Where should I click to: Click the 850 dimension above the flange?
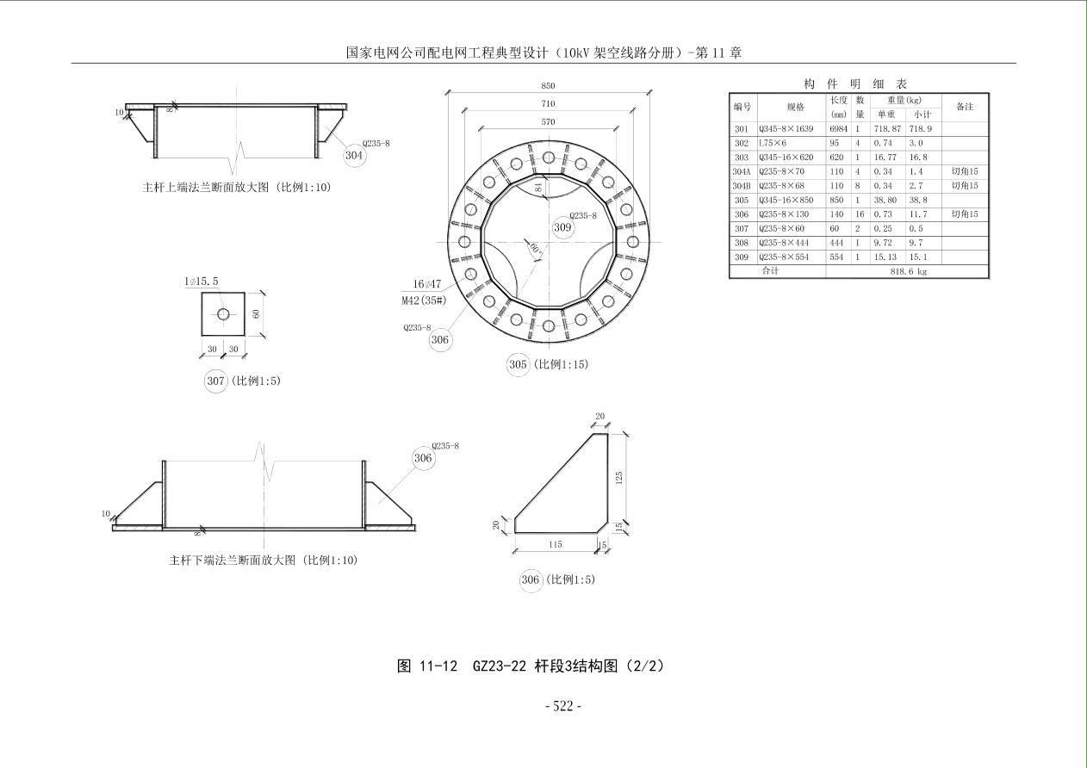coord(548,86)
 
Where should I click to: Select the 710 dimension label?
coord(548,104)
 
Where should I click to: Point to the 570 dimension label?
coord(548,121)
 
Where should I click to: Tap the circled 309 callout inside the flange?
coord(562,227)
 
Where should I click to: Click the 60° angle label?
coord(535,248)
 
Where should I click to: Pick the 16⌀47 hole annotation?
coord(427,284)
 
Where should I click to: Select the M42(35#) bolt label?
coord(424,300)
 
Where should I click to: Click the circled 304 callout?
coord(354,155)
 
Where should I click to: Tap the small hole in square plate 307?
coord(223,314)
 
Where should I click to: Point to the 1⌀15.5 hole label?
coord(201,282)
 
